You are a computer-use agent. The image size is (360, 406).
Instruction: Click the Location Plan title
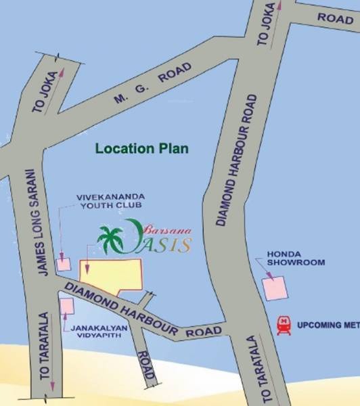point(141,148)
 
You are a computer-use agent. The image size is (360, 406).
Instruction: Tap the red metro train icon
point(284,325)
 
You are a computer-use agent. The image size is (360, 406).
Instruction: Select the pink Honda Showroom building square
point(275,288)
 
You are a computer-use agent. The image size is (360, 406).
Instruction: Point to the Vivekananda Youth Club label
point(110,202)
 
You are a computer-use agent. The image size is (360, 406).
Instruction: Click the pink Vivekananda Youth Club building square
point(63,264)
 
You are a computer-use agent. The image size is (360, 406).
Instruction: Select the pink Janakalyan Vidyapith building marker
point(66,307)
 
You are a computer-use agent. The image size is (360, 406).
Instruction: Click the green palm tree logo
point(110,240)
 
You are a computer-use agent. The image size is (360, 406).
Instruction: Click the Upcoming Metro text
point(328,325)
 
